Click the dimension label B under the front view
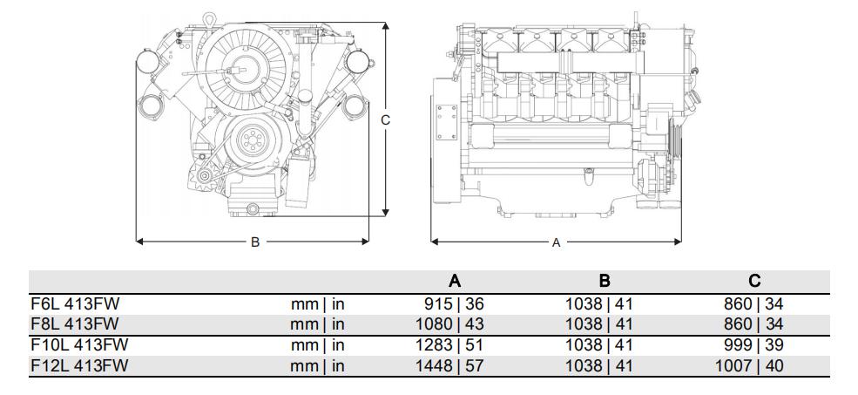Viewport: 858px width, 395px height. coord(255,242)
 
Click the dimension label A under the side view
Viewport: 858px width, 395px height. coord(556,242)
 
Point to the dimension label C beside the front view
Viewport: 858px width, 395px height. coord(385,119)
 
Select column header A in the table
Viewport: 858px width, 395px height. coord(454,281)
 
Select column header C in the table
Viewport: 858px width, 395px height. coord(754,281)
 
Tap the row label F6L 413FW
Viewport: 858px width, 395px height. coord(74,303)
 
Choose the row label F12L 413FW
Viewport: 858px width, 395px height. coord(79,365)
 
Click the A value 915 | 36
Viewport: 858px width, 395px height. coord(454,303)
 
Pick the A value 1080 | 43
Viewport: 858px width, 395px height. coord(449,323)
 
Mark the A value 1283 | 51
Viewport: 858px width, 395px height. coord(449,344)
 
